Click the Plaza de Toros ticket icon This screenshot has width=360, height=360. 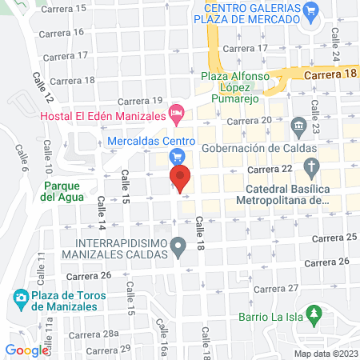coord(20,300)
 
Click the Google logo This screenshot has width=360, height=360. coord(26,350)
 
